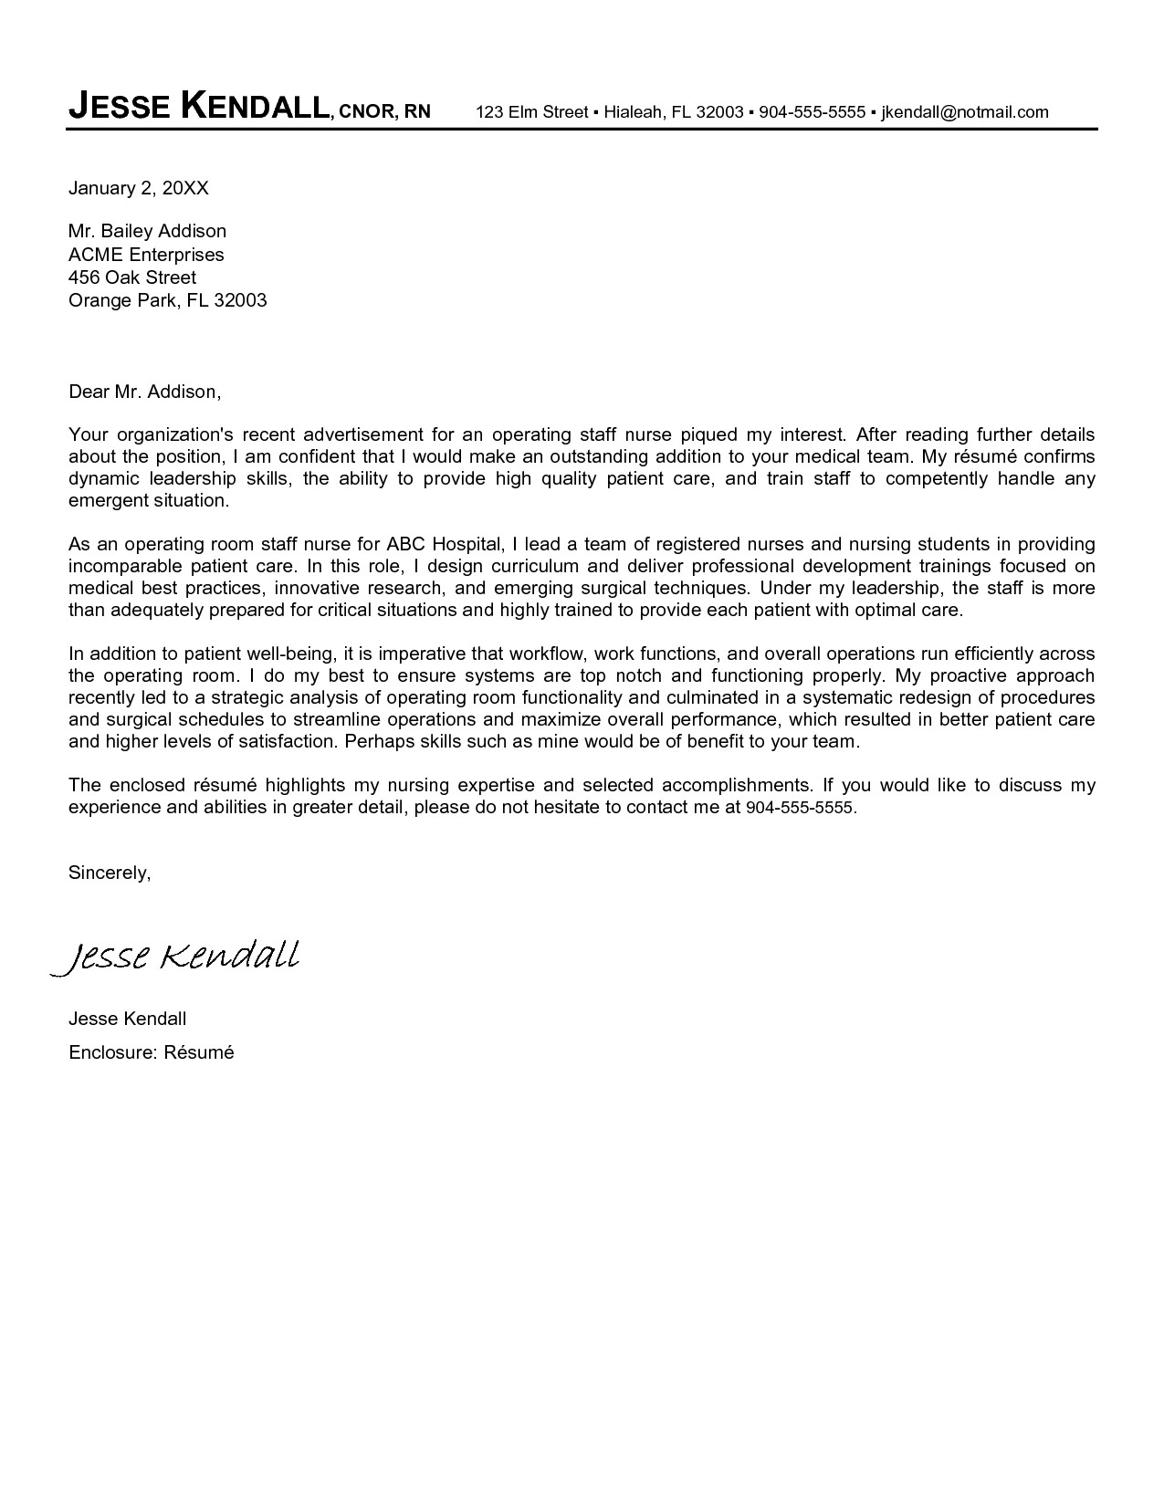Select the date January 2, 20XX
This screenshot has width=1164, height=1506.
pos(139,188)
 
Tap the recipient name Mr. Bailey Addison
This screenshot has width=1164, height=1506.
pos(147,231)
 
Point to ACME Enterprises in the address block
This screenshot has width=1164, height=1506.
pos(146,255)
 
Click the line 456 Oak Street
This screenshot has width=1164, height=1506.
pos(132,277)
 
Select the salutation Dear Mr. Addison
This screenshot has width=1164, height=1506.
pos(144,392)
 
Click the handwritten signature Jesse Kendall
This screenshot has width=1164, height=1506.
pos(175,957)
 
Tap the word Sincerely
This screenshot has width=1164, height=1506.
pos(110,873)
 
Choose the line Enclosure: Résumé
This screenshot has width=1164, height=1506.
pos(152,1052)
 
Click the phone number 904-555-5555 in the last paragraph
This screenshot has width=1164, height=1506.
pos(800,808)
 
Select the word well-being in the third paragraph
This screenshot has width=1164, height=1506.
pos(291,654)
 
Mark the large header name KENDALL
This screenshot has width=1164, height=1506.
pos(255,108)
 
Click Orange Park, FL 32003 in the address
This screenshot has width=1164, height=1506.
pos(167,299)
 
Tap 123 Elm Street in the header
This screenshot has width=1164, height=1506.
pos(532,112)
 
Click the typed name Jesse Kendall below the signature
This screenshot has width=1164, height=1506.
pos(127,1018)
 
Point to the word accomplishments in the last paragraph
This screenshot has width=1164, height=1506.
pos(736,785)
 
